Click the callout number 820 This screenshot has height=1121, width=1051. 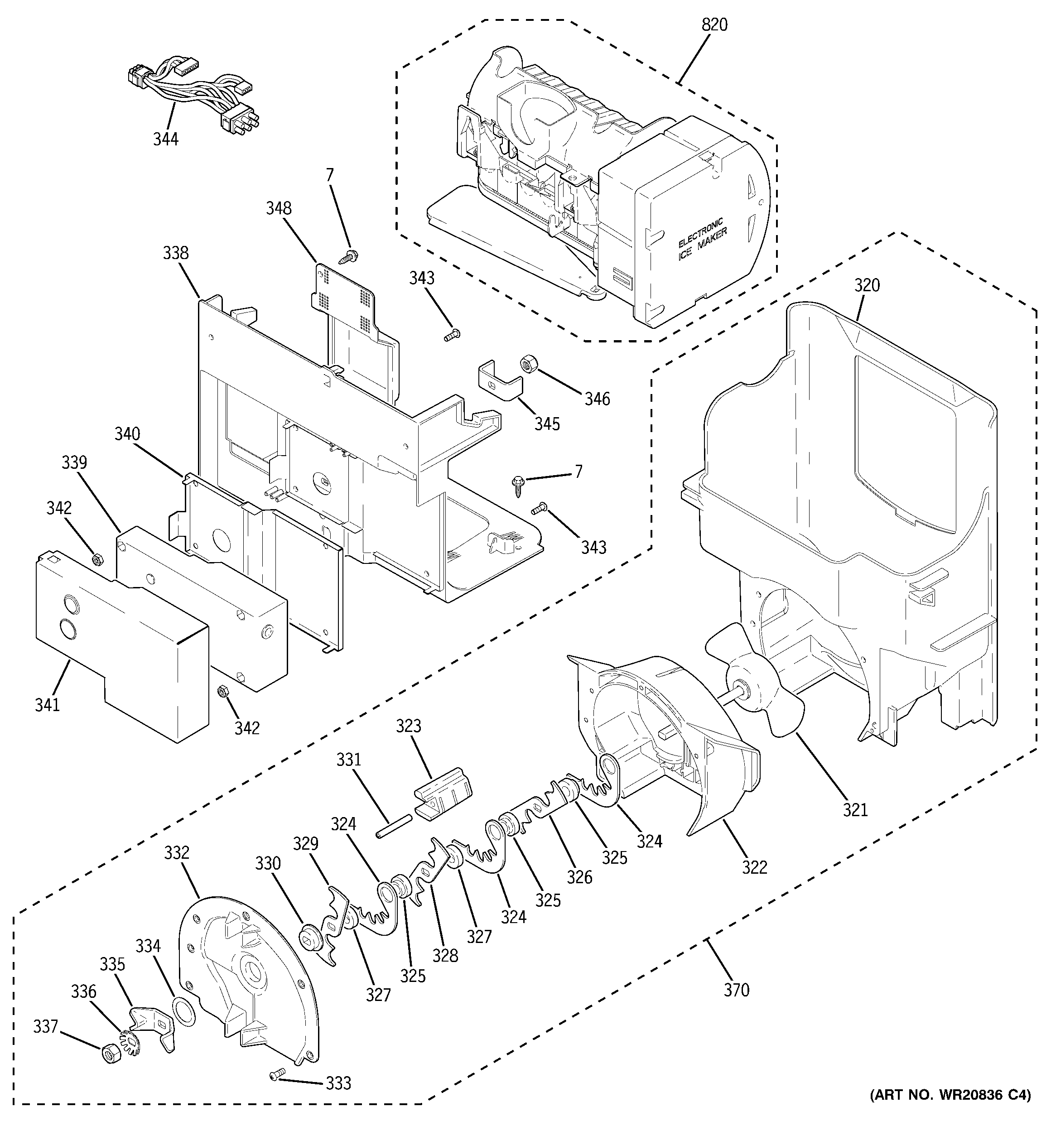pos(714,25)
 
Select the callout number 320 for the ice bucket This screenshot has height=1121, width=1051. pos(867,285)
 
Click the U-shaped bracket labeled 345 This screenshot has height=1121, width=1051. pos(500,381)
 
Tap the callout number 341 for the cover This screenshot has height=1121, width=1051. pos(48,705)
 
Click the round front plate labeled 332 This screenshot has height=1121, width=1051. pos(248,981)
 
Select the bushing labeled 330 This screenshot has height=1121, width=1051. pos(310,937)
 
